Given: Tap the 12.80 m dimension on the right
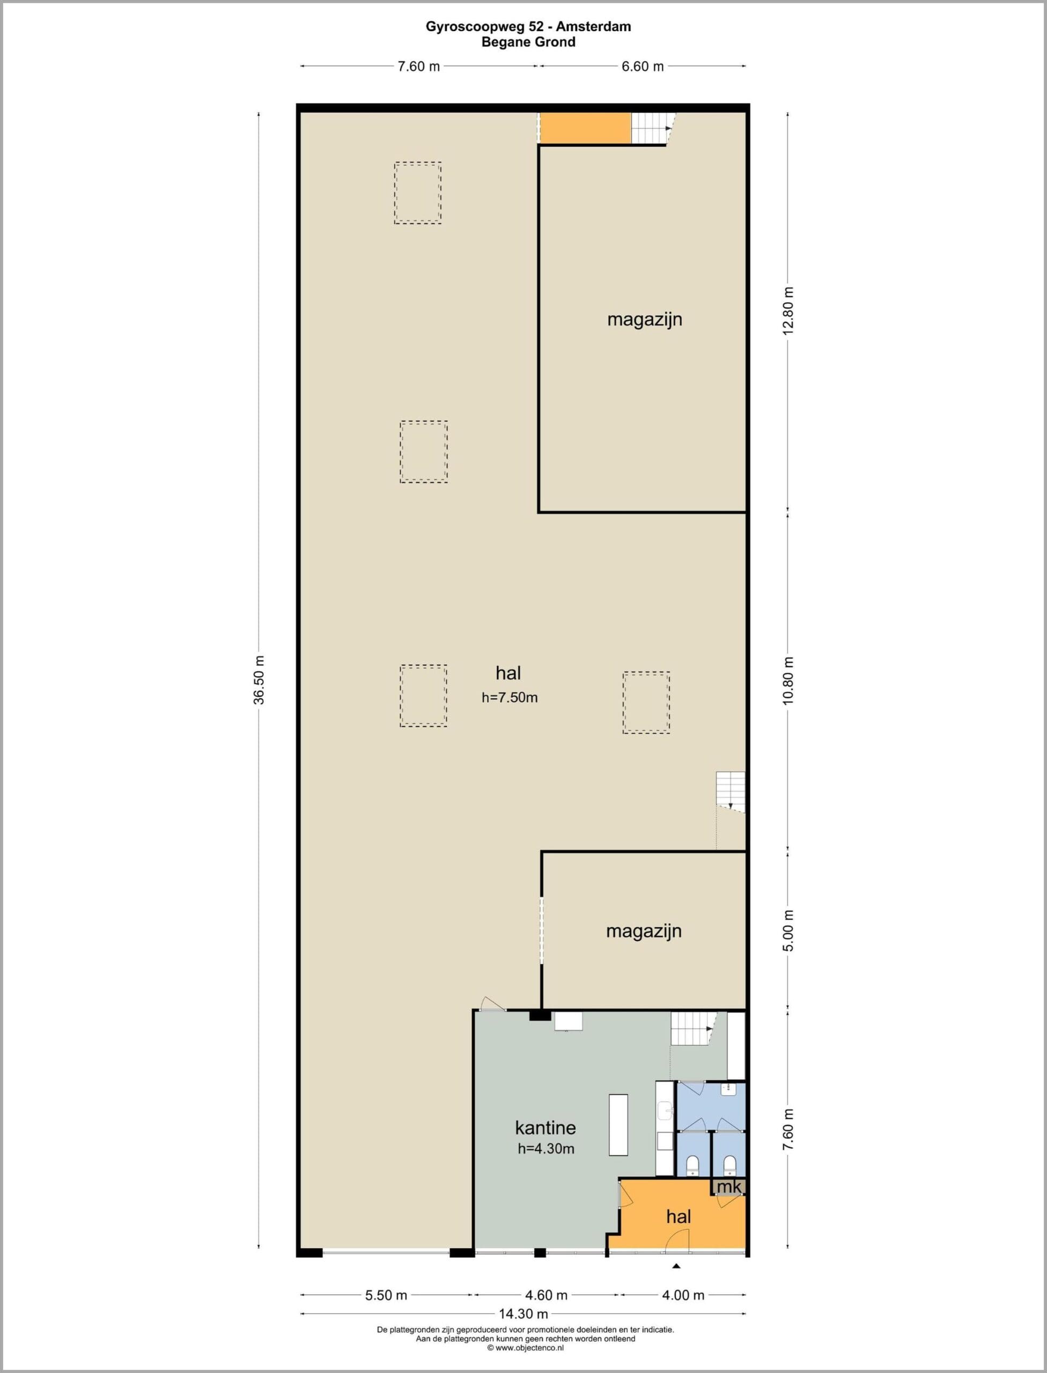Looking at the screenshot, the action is pos(789,311).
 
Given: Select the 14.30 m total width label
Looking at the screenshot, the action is pos(523,1314).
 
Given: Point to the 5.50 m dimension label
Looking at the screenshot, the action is pos(386,1295).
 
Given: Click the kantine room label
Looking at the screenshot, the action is pos(545,1127).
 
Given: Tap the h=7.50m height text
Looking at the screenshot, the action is pos(510,697).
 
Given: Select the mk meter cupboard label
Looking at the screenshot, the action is pos(729,1187).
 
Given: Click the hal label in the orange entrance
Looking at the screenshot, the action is pos(679,1216).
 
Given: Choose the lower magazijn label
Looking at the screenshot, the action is pos(644,931).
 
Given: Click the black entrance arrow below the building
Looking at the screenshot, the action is pos(676,1266).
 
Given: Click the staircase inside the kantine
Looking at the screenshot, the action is pos(694,1028).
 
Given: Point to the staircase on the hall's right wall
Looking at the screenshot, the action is pos(731,792).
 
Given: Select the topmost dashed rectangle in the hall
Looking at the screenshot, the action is pos(417,193).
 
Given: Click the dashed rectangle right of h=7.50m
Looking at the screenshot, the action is pos(646,703).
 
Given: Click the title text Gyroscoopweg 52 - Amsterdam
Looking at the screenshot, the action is pos(528,26).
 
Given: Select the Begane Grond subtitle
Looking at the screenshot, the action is pos(528,42).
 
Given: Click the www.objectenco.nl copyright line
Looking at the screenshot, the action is pos(525,1347).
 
